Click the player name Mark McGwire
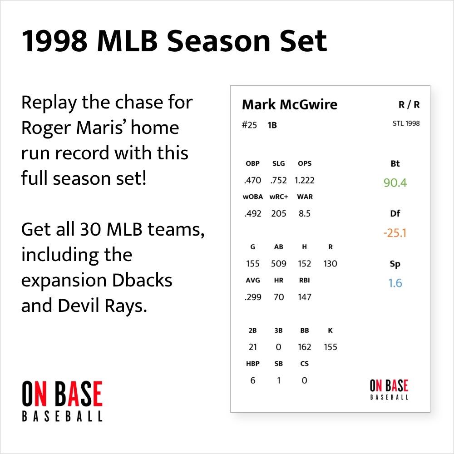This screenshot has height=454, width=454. click(290, 105)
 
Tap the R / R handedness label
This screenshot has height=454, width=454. click(409, 105)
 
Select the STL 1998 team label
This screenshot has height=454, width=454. click(406, 123)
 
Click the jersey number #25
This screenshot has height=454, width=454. click(249, 125)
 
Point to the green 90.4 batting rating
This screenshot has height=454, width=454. click(395, 183)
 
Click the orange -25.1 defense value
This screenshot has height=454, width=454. click(395, 233)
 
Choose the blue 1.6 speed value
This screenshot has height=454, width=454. click(395, 283)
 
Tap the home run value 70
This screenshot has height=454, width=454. click(279, 297)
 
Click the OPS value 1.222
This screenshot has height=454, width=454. click(304, 180)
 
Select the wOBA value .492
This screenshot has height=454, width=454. click(252, 213)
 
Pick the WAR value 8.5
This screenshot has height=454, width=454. click(304, 213)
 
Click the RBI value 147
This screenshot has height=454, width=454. click(304, 297)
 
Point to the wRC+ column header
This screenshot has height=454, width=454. click(279, 197)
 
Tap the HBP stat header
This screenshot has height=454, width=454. click(253, 364)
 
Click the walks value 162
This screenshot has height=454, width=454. click(304, 347)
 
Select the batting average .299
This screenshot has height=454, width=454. click(252, 297)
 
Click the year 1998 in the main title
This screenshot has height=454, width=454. click(54, 41)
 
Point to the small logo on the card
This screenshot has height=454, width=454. click(389, 390)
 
